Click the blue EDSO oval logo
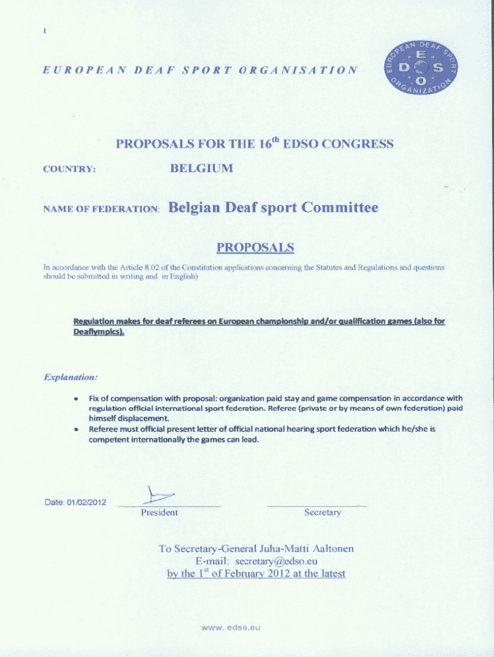[420, 66]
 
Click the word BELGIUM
[201, 169]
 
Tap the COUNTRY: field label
[69, 170]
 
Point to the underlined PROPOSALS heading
[255, 248]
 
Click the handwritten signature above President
[158, 495]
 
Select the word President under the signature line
[159, 513]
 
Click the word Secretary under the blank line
[323, 513]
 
